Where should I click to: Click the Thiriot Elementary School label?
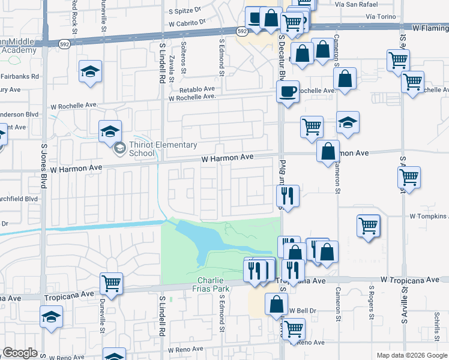162,149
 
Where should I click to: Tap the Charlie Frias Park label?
211,285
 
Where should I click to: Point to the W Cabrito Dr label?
187,22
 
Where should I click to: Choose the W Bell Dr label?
302,311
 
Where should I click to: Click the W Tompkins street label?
429,216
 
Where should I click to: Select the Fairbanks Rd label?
19,77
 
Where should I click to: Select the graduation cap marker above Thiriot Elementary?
110,131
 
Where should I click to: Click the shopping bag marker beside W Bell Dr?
276,304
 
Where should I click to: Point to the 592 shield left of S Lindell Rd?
63,43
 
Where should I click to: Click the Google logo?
20,353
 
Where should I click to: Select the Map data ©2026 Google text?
412,355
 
